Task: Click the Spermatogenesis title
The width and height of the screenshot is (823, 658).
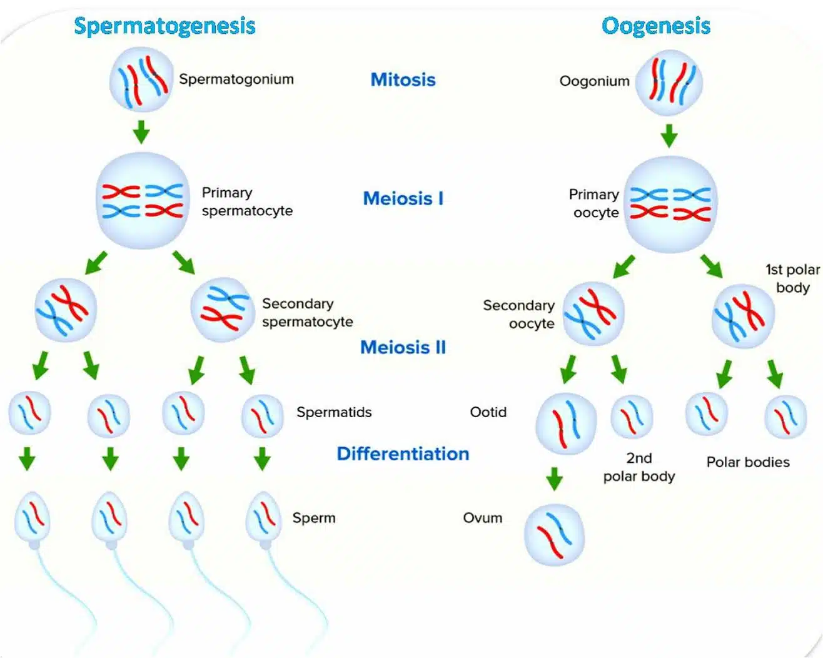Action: [x=164, y=26]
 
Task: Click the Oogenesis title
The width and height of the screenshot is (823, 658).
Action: [x=655, y=26]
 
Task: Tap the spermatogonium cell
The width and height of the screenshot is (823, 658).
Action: [x=141, y=79]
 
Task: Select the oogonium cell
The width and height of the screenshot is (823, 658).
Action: [x=669, y=83]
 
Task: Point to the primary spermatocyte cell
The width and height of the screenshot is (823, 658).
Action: [x=143, y=201]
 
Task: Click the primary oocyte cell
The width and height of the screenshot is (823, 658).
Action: [x=670, y=204]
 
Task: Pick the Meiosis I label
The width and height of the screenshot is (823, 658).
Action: [x=403, y=199]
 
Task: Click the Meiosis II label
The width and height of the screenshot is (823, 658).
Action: [x=403, y=347]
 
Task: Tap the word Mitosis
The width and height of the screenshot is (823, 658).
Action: [x=403, y=80]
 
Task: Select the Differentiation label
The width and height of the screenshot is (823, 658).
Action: [x=403, y=454]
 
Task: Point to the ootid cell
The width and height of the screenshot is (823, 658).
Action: [x=566, y=423]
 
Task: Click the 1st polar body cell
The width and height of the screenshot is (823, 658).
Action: [x=743, y=316]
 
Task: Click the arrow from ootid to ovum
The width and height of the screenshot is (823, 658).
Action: [x=554, y=478]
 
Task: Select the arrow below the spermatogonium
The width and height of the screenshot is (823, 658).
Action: [x=141, y=131]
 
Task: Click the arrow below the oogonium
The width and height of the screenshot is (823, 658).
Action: [x=669, y=135]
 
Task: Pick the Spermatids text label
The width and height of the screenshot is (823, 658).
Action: [x=334, y=412]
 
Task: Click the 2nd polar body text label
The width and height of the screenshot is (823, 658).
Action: [x=639, y=467]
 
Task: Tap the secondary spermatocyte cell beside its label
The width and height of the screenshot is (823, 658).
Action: [x=222, y=310]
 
